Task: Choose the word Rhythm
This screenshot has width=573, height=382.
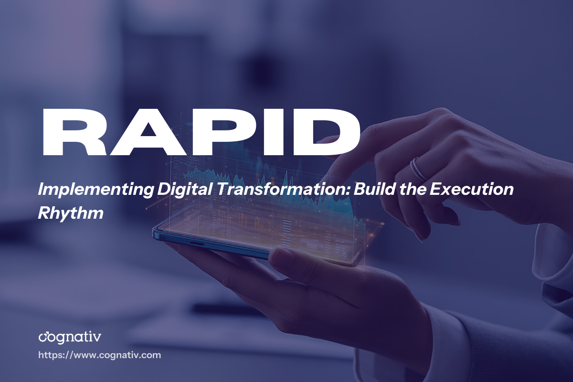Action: tap(71, 213)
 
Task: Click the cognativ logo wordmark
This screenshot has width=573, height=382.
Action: tap(70, 338)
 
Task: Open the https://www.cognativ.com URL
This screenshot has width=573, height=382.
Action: tap(99, 355)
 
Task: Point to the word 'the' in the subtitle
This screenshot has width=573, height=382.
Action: tap(411, 190)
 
